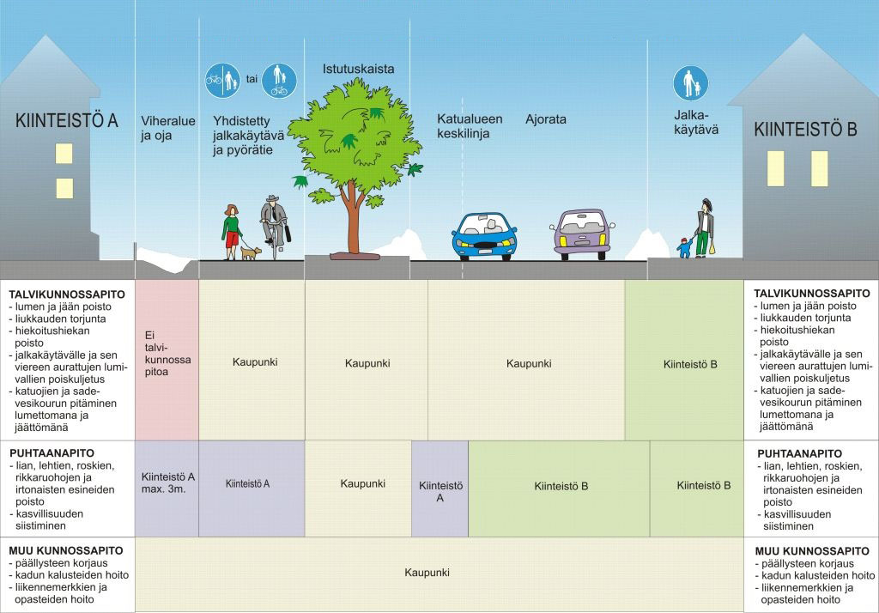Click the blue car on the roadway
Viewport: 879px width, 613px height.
tap(485, 235)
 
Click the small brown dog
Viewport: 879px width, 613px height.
tap(251, 252)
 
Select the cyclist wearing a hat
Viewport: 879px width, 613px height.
tap(274, 225)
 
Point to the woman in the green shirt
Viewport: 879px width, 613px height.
tap(231, 231)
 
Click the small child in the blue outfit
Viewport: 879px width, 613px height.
tap(684, 247)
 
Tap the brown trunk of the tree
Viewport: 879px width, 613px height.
tap(351, 219)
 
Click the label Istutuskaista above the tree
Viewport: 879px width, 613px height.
tap(358, 69)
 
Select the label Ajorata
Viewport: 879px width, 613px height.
tap(546, 120)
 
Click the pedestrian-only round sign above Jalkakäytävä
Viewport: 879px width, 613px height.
tap(689, 82)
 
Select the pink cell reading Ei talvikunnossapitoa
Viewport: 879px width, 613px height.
tap(167, 360)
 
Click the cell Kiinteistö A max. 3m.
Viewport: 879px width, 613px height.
tap(167, 483)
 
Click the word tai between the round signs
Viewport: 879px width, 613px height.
tap(252, 79)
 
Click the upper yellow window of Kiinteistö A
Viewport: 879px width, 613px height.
tap(64, 154)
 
